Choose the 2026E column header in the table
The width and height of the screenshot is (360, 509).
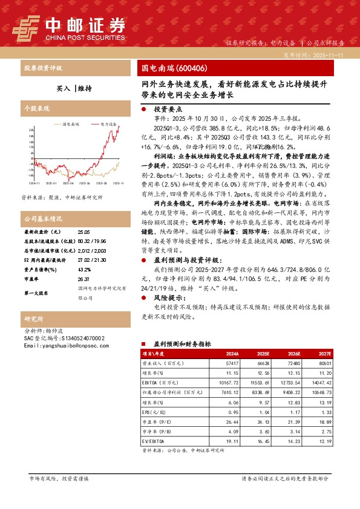click(294, 354)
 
